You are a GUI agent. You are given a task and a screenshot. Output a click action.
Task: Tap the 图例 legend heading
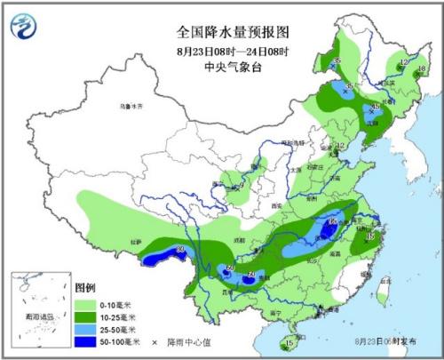(x=84, y=289)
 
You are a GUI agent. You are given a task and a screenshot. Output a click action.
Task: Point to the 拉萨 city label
(x=135, y=241)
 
